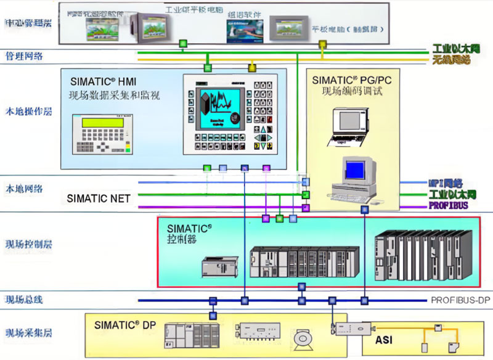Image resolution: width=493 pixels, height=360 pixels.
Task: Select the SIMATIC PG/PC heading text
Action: [x=351, y=80]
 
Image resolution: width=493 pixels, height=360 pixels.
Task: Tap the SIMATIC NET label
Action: [x=99, y=198]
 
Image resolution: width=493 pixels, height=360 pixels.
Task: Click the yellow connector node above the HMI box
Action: [x=251, y=67]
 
